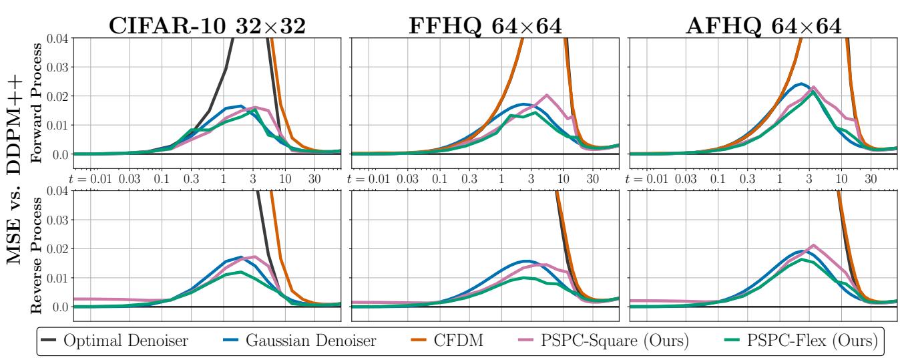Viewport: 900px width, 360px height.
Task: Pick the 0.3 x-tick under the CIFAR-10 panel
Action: point(192,180)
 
